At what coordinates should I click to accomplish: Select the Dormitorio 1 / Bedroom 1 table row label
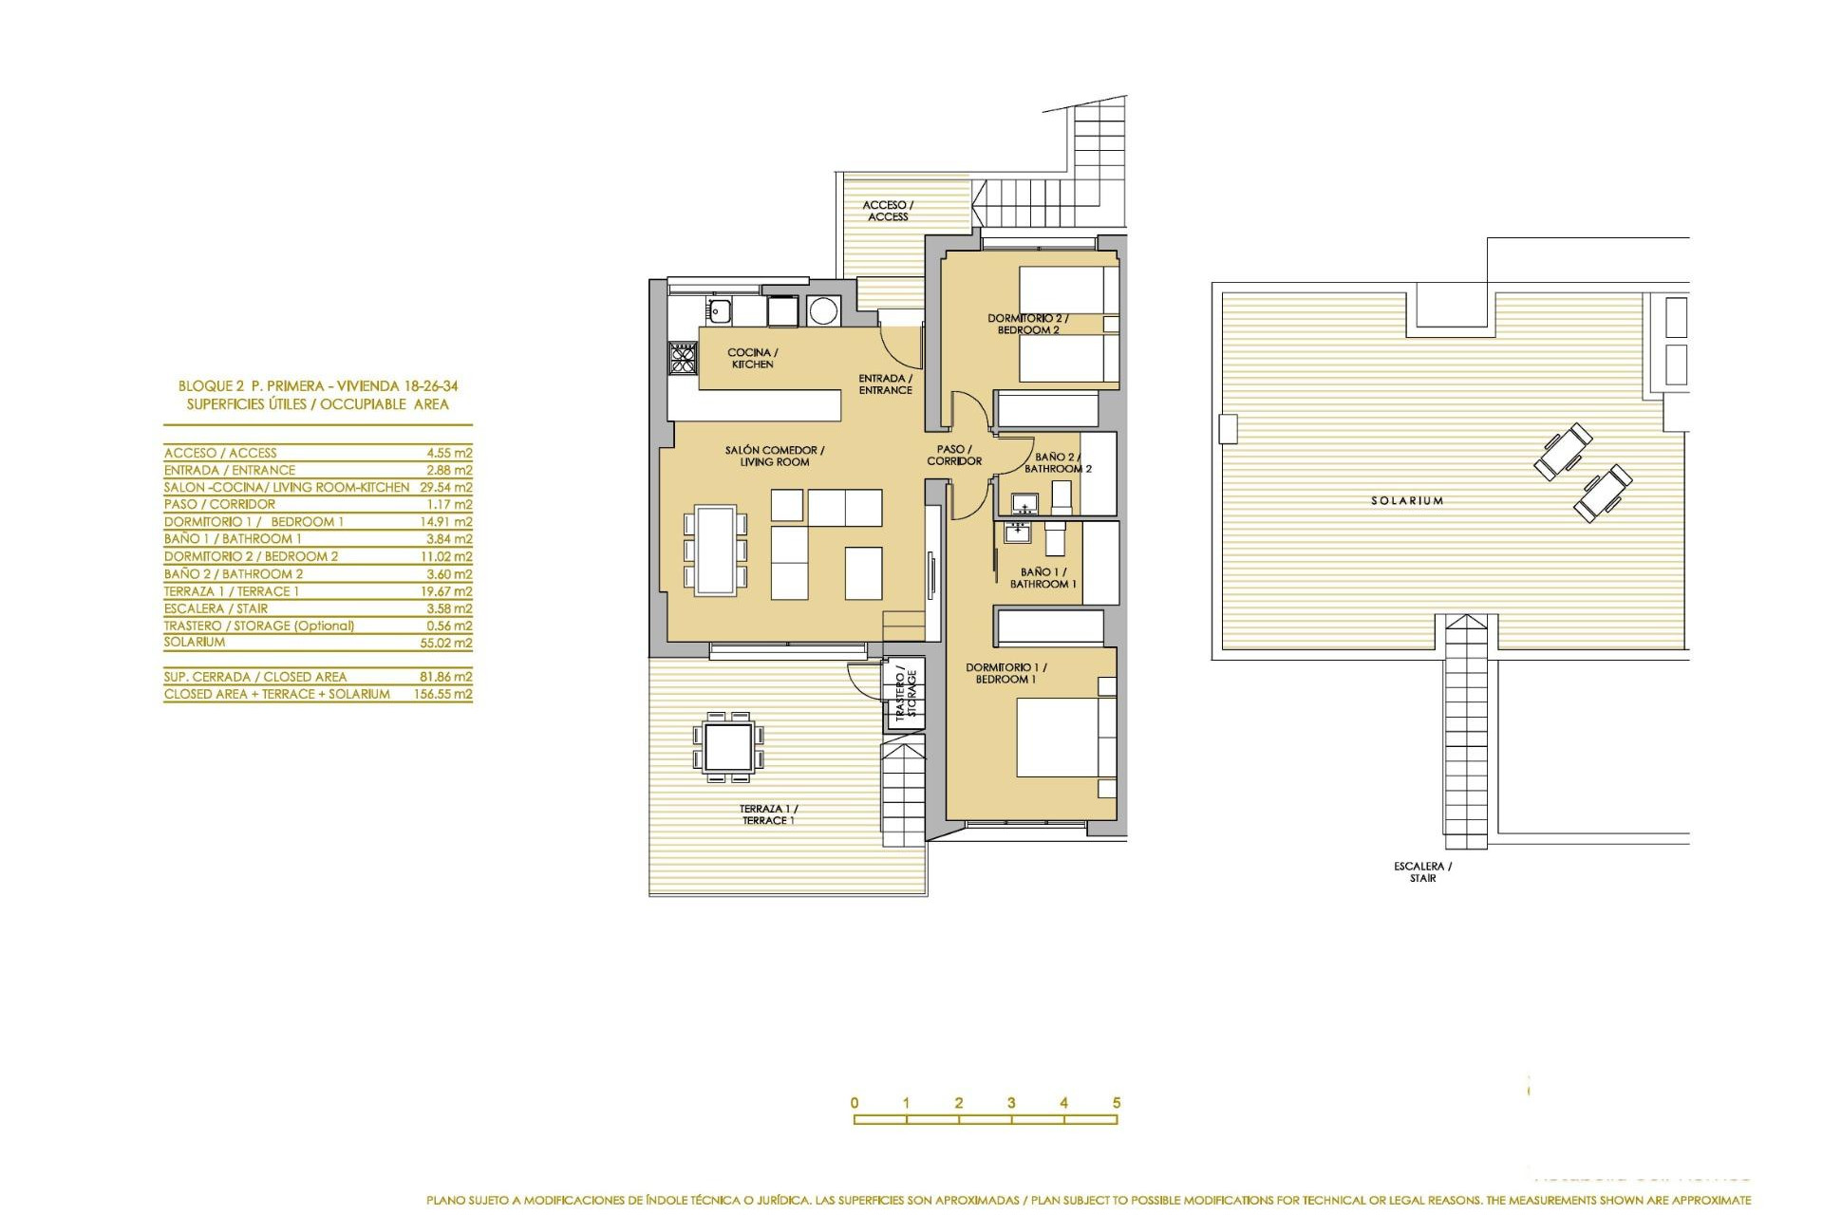254,522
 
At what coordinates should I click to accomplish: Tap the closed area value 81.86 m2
448,677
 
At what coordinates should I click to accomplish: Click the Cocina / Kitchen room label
753,358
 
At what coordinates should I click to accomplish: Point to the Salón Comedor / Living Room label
775,456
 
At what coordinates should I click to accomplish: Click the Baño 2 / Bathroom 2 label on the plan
1058,463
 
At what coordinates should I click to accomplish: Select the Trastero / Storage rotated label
906,694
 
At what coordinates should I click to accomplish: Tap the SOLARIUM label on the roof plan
1407,500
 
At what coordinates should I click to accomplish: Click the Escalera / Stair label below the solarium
1422,871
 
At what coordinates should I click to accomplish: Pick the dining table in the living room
715,550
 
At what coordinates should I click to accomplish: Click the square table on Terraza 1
729,746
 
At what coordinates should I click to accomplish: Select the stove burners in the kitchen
683,358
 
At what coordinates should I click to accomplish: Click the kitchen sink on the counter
718,308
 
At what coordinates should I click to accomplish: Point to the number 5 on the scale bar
1117,1103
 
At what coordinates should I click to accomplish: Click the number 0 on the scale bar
855,1103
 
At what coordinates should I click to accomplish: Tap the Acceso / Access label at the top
888,211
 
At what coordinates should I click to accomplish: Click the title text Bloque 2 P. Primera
318,386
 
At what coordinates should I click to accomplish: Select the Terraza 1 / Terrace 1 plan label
768,814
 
